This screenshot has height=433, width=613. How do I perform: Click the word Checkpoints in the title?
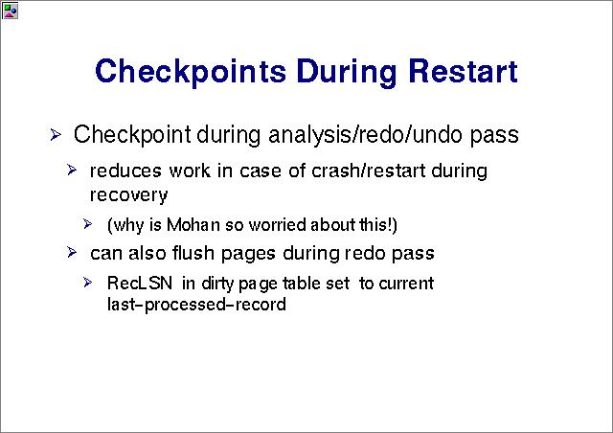point(191,73)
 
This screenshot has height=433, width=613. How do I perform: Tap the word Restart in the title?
point(464,71)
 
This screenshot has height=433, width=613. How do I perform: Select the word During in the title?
point(347,73)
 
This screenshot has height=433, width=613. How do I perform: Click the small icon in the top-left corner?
point(10,11)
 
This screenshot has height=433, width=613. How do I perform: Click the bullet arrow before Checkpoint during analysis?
point(56,135)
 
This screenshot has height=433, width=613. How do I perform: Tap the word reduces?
point(125,171)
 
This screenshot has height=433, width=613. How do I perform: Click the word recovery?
point(129,195)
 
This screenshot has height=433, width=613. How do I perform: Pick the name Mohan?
point(193,225)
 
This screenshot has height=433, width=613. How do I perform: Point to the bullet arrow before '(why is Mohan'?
point(87,224)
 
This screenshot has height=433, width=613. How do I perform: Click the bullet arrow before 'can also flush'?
point(72,252)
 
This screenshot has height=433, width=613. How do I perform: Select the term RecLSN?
point(140,284)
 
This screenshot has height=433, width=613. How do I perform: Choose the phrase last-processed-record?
point(196,305)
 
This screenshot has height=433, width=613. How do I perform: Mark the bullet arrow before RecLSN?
point(87,283)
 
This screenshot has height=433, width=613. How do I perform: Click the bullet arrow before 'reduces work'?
point(72,171)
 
